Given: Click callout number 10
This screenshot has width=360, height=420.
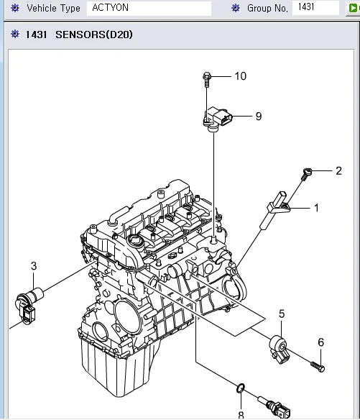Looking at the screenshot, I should [x=240, y=76].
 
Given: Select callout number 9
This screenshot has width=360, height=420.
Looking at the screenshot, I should [x=258, y=115].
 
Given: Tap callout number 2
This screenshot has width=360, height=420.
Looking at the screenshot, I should [x=338, y=170].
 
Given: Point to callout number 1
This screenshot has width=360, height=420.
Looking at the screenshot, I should [x=315, y=208].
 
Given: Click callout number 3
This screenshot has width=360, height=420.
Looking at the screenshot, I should [x=33, y=266].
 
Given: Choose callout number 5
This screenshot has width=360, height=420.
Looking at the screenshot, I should [x=282, y=314].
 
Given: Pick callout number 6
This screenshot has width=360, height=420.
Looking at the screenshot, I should [x=320, y=342].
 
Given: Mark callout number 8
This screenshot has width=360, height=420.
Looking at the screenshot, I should [x=241, y=414].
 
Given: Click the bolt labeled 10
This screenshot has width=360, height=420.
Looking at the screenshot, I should [x=207, y=77].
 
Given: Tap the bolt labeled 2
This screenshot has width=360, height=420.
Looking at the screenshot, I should [x=306, y=172].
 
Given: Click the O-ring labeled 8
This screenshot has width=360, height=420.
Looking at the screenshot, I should [x=241, y=389].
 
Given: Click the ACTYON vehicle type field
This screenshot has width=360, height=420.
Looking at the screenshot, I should [x=149, y=9].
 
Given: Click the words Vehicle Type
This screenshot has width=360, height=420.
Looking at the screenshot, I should [x=53, y=9].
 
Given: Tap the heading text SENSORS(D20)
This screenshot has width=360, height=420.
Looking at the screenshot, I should [x=94, y=35].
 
